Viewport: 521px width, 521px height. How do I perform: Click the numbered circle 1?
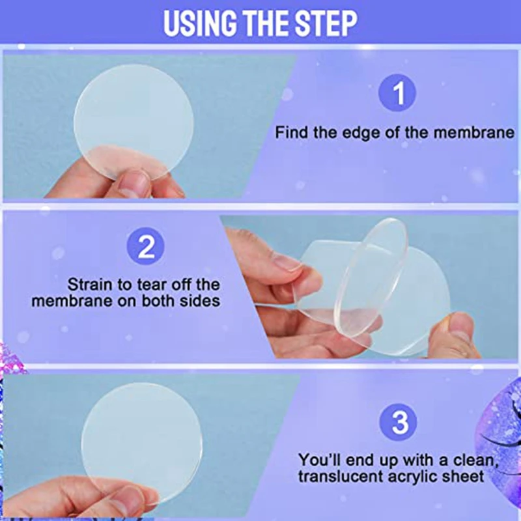point(397,92)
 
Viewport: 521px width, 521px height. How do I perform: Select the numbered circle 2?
point(146,246)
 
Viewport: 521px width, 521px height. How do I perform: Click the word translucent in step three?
point(341,477)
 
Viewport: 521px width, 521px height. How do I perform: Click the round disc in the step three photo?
point(141,442)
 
